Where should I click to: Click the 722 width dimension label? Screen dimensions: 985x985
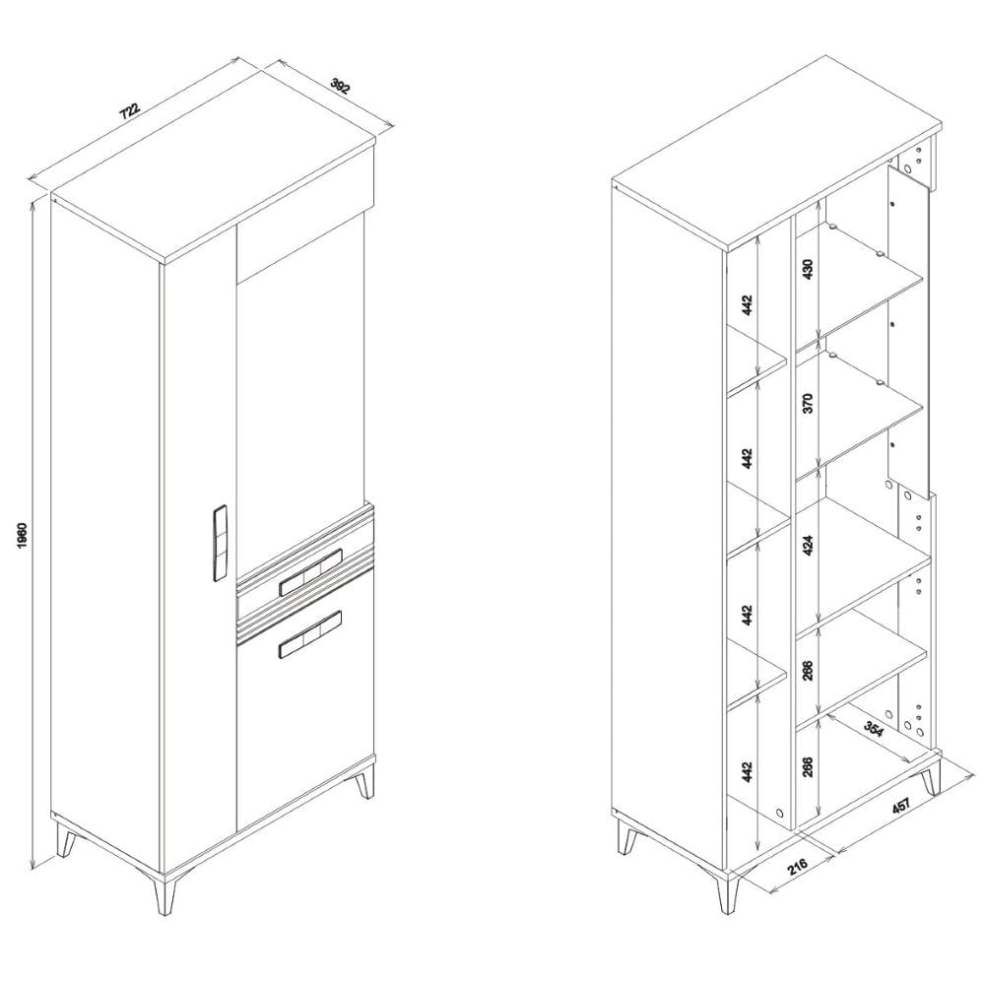click(131, 110)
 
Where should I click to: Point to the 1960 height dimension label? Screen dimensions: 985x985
click(23, 534)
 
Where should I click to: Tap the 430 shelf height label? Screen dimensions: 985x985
click(808, 268)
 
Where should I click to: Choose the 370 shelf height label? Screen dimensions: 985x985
click(808, 403)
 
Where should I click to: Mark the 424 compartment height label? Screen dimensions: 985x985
click(808, 544)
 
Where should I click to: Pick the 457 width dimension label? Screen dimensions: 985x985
click(901, 806)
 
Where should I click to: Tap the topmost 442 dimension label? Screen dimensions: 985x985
click(747, 304)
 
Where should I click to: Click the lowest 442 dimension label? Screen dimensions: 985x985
click(747, 772)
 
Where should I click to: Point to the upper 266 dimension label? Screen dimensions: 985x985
click(808, 670)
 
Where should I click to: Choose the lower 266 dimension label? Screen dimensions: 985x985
click(808, 767)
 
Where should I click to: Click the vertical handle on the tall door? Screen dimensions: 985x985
click(220, 543)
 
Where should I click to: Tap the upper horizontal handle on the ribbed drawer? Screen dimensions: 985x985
click(310, 572)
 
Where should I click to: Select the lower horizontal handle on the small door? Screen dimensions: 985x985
click(310, 634)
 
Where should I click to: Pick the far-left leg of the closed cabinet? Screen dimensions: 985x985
click(65, 838)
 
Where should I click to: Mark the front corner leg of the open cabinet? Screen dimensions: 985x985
click(729, 891)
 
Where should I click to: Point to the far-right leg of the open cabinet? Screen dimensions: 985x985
click(930, 776)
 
